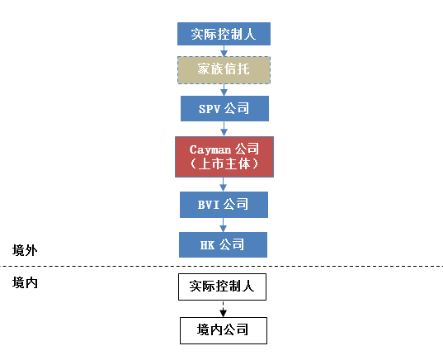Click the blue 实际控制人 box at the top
coord(224,34)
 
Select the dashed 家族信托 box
coord(224,70)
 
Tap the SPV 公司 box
coord(224,109)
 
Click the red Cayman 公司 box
coord(224,157)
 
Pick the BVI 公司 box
coord(224,205)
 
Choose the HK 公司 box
coord(223,245)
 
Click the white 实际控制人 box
coord(222,287)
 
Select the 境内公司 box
coord(224,330)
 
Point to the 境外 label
coord(25,250)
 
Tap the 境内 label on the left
coord(25,282)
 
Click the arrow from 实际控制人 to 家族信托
coord(224,51)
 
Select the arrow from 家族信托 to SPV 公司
coord(224,90)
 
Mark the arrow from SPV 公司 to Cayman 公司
coord(224,129)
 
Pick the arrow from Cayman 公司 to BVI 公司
coord(224,184)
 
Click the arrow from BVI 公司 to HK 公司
coord(224,225)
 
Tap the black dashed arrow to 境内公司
coord(224,309)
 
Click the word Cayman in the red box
coord(210,150)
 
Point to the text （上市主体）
coord(224,164)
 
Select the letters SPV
coord(210,109)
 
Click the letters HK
coord(207,245)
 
